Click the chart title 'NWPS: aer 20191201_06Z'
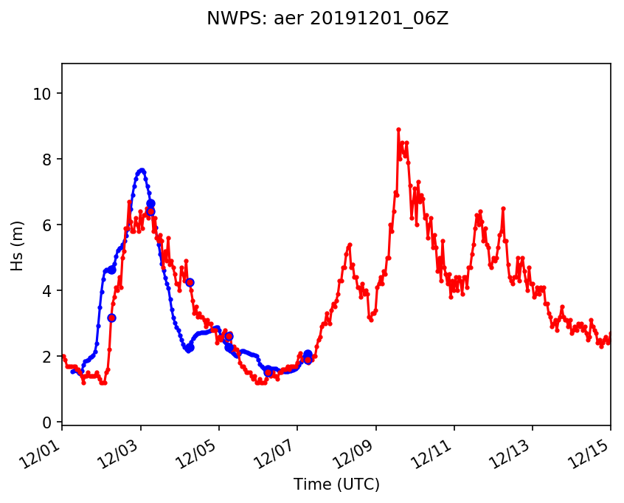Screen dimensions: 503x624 (327, 19)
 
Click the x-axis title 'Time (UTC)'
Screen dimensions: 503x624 (336, 485)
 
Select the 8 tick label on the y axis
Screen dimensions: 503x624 (48, 160)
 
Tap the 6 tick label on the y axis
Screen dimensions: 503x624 (48, 225)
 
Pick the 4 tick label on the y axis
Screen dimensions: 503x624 (48, 291)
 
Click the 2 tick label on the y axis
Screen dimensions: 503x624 (48, 357)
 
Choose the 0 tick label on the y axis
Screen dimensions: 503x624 (48, 422)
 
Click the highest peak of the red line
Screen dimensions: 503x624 (398, 129)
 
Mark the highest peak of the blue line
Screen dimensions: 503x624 (142, 170)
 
